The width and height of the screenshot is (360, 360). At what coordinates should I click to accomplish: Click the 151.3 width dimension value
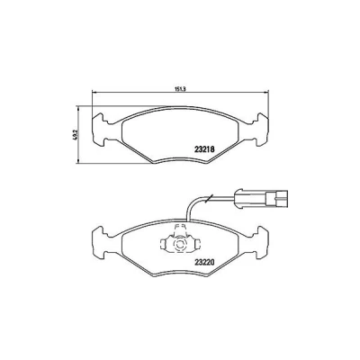pos(180,89)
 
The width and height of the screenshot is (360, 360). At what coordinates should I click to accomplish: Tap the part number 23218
pos(204,148)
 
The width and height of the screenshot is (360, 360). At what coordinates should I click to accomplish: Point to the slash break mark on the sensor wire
pos(209,198)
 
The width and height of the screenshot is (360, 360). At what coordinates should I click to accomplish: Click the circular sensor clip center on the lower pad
pos(180,245)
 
